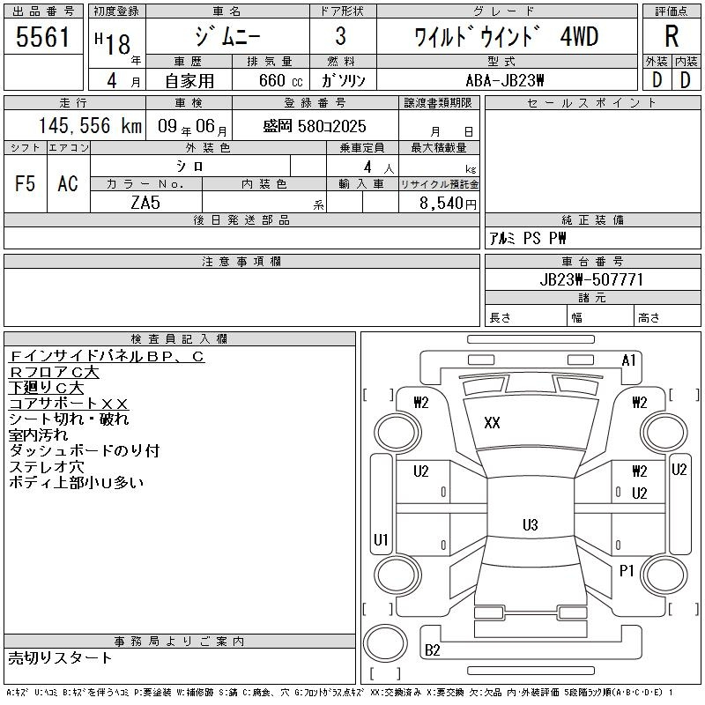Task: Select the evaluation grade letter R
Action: pos(672,36)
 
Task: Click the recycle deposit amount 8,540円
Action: pos(450,204)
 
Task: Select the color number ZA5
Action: pos(145,204)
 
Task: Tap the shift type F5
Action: pos(26,184)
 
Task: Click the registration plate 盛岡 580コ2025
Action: pos(315,126)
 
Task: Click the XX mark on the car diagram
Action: pos(492,423)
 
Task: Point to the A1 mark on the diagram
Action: pos(629,360)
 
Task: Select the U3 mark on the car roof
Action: pos(530,525)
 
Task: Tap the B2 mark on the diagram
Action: pos(433,650)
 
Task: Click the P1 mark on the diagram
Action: pos(627,571)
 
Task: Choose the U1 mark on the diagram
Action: pos(381,539)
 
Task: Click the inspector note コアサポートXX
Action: pos(69,404)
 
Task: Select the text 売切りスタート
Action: pos(61,657)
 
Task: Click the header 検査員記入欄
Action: pos(180,338)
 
